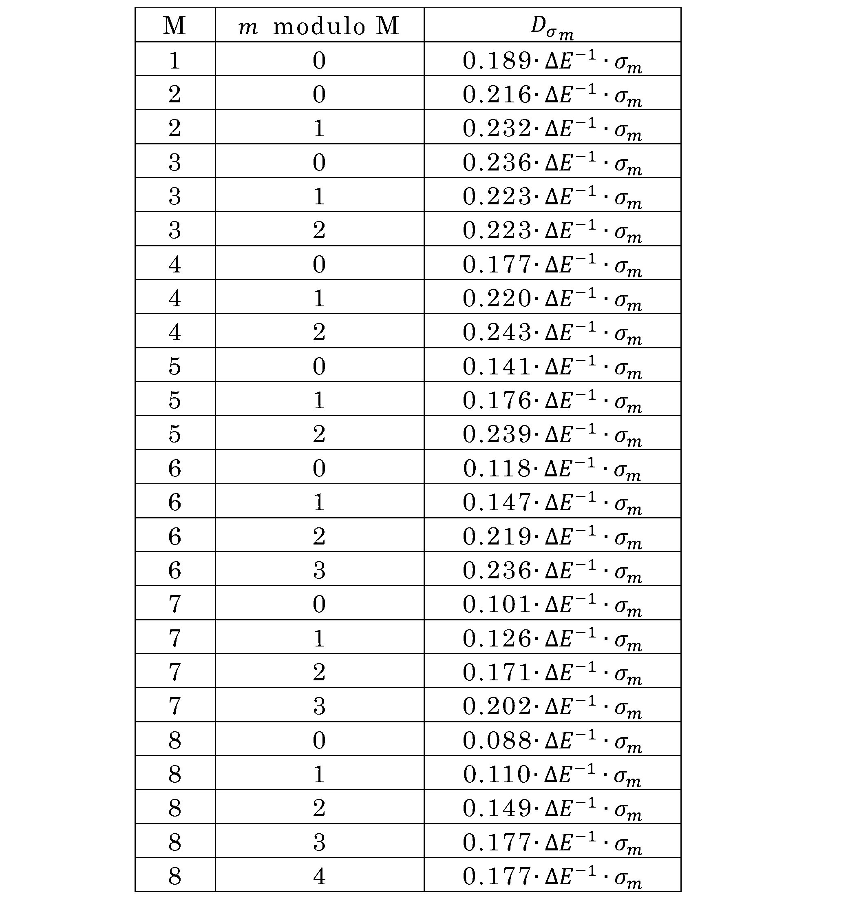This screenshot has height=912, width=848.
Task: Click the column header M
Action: tap(174, 26)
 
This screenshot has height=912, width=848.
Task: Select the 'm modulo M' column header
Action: tap(319, 26)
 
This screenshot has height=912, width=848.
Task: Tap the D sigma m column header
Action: tap(552, 27)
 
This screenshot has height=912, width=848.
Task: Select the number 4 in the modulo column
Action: tap(319, 876)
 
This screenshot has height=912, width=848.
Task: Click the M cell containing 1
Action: tap(174, 60)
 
